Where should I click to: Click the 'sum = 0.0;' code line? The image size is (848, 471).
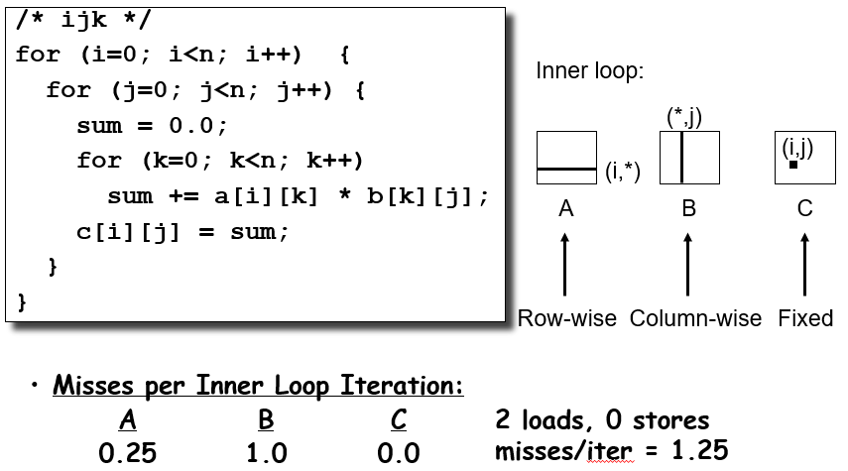tap(152, 125)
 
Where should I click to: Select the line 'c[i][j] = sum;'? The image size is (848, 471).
tap(182, 232)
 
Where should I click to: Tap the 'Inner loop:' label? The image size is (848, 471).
tap(589, 71)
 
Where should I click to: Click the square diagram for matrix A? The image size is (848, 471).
tap(566, 158)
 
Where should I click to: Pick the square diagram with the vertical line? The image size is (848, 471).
tap(688, 158)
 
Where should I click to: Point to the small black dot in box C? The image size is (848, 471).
tap(793, 165)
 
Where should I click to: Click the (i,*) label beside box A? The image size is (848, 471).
tap(623, 172)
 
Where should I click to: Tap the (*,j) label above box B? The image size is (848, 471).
tap(684, 117)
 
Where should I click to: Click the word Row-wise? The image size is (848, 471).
tap(567, 318)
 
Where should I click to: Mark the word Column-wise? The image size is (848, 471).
tap(695, 318)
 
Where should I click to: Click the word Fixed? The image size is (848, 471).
tap(805, 318)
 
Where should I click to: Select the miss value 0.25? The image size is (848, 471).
tap(127, 453)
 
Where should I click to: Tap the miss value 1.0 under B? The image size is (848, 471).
tap(266, 453)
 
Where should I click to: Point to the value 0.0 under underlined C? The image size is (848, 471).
tap(399, 453)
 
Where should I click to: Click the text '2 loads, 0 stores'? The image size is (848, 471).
tap(602, 419)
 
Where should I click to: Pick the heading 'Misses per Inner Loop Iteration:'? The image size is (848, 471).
tap(258, 385)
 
